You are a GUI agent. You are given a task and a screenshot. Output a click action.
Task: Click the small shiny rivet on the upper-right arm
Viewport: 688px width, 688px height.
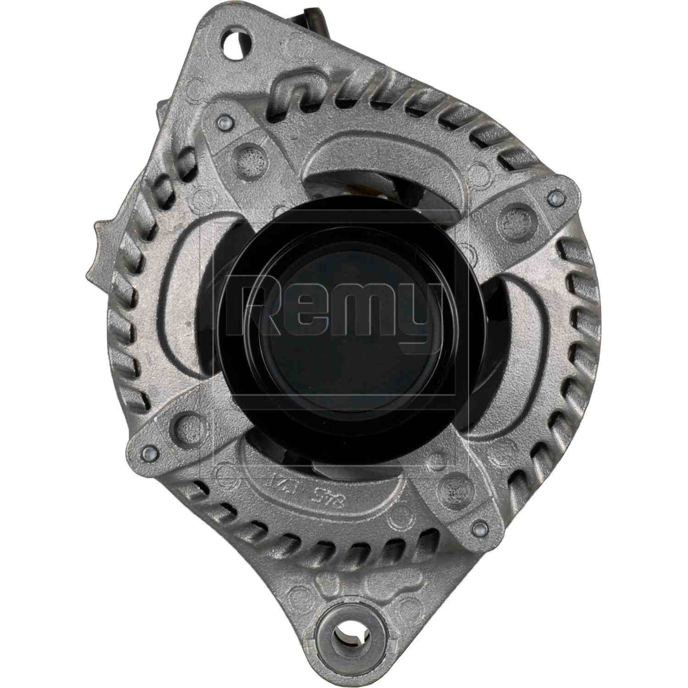(x=556, y=198)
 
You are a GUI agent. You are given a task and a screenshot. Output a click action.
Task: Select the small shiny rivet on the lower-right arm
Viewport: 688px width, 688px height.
(x=478, y=527)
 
